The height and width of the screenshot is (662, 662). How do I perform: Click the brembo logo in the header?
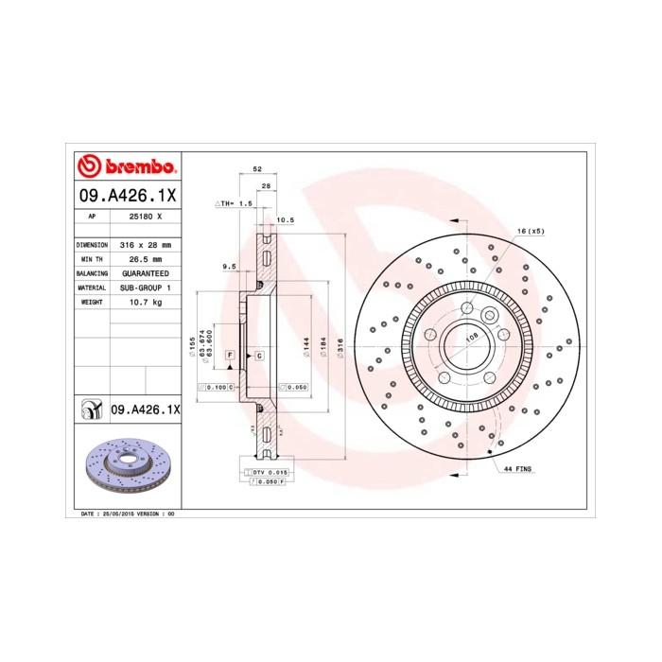(127, 166)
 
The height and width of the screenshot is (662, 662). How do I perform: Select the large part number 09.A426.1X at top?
(127, 197)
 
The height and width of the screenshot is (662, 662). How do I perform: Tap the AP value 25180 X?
(145, 217)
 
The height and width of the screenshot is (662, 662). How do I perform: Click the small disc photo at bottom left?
(126, 468)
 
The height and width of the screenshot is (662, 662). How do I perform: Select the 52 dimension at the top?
(256, 169)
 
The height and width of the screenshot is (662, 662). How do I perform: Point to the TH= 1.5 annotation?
(235, 203)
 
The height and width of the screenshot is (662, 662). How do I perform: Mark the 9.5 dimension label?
(228, 267)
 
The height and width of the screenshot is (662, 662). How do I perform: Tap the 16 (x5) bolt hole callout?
(531, 231)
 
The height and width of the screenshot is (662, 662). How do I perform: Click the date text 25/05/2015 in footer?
(114, 513)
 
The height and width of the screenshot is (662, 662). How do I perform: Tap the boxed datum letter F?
(230, 354)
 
